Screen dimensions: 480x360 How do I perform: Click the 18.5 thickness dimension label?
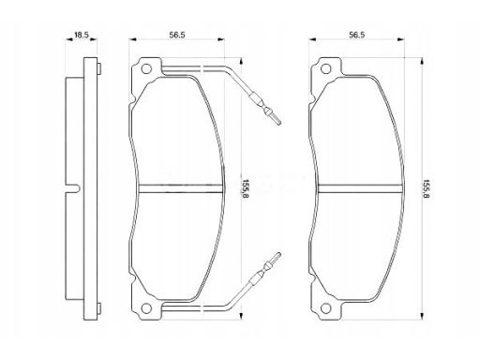click(82, 35)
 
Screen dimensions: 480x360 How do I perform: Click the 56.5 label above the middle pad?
click(177, 35)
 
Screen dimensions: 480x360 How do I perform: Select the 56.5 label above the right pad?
click(357, 35)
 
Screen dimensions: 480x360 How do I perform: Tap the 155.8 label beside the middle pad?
click(245, 189)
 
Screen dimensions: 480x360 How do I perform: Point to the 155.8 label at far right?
click(427, 189)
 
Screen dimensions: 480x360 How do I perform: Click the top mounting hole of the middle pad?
click(146, 68)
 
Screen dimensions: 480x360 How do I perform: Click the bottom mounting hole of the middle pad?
click(146, 308)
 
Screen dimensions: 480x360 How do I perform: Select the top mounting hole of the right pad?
click(325, 68)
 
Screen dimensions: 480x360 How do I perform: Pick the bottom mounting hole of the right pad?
click(325, 308)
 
